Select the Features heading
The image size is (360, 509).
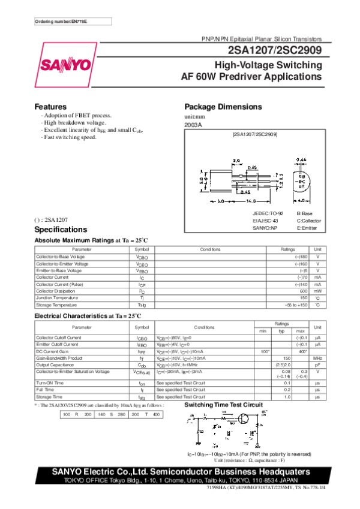(x=50, y=107)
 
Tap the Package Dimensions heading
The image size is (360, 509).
(x=223, y=107)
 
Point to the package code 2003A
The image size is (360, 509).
(x=193, y=125)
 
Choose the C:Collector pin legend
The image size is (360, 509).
(x=310, y=221)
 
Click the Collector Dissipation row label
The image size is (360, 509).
(x=57, y=291)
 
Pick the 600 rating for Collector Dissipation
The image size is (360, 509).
(x=304, y=291)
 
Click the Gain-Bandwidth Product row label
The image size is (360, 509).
(x=59, y=358)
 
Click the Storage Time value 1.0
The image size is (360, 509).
(x=287, y=396)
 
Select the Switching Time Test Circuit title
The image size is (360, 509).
(x=223, y=406)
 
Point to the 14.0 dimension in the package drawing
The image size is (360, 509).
(x=247, y=200)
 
